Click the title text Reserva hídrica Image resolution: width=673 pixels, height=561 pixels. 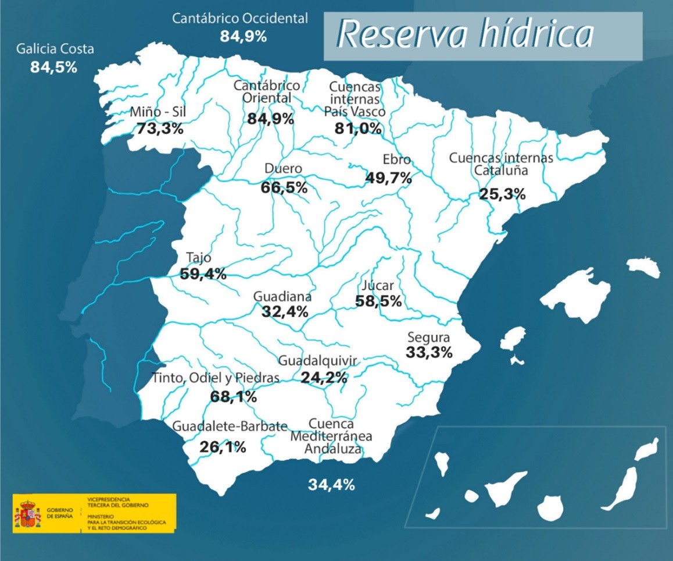[465, 35]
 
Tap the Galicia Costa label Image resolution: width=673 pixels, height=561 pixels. [55, 49]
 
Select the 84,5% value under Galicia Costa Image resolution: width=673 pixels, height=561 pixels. [53, 67]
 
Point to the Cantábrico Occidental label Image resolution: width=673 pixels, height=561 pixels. [240, 19]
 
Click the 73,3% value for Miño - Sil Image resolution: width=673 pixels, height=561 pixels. [160, 129]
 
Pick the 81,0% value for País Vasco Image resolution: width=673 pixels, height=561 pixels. [358, 128]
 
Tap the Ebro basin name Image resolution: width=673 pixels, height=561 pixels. [396, 159]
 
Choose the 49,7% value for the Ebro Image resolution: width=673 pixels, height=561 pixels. [388, 177]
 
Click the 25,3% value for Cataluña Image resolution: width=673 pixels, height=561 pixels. [502, 194]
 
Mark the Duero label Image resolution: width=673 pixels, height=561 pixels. [283, 169]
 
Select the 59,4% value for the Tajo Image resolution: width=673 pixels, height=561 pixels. [203, 274]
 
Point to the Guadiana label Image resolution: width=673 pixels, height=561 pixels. [282, 296]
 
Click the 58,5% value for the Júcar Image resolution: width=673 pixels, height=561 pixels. [378, 301]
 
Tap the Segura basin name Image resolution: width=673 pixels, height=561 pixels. [428, 337]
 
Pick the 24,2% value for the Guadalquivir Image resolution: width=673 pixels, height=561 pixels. [324, 377]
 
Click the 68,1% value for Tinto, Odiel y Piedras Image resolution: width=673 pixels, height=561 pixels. [233, 397]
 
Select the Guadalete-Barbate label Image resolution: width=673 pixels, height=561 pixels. [230, 427]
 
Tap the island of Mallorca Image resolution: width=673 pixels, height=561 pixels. [575, 294]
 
